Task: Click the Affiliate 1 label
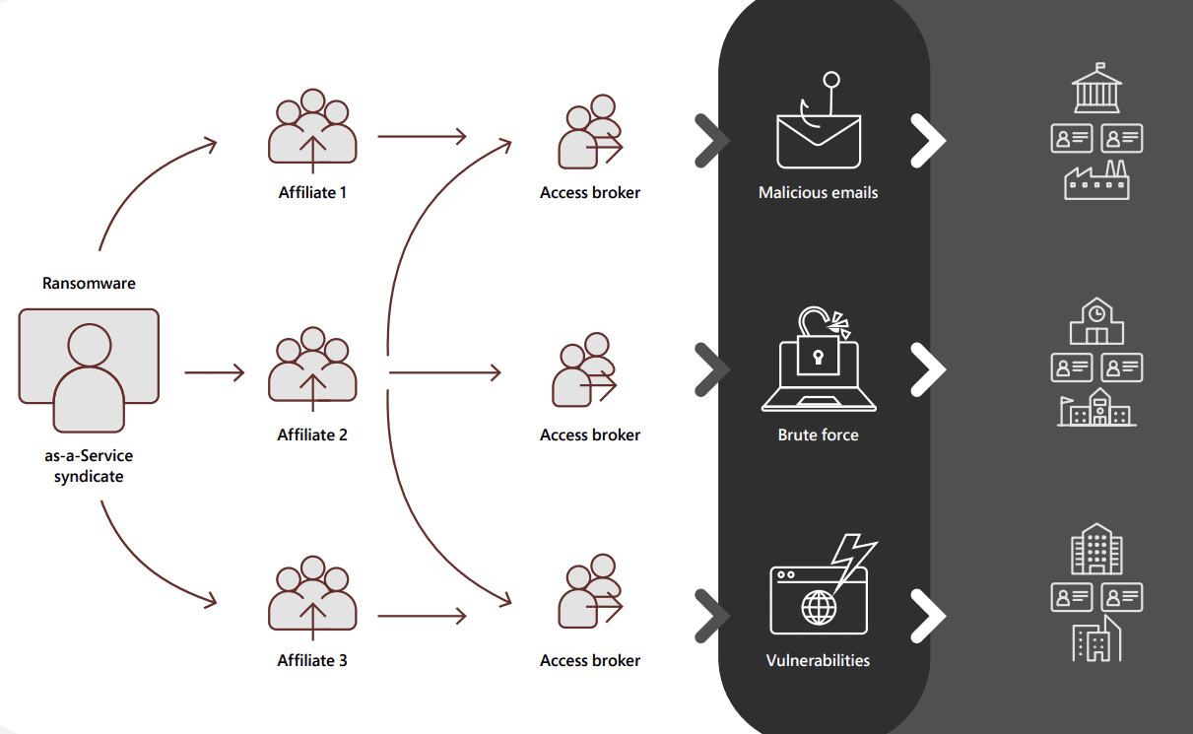(312, 193)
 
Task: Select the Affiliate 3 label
(312, 661)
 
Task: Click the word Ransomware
(89, 284)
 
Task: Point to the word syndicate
(89, 477)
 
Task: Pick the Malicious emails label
(818, 193)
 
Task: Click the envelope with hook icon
(818, 133)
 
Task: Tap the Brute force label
(818, 434)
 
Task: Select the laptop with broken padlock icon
(818, 365)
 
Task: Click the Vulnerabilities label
(818, 661)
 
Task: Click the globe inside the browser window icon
(818, 606)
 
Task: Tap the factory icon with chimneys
(1096, 181)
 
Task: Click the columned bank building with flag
(1096, 91)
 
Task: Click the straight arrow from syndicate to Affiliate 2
(214, 373)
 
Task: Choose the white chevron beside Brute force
(927, 369)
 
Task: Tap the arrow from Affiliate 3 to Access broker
(421, 617)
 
